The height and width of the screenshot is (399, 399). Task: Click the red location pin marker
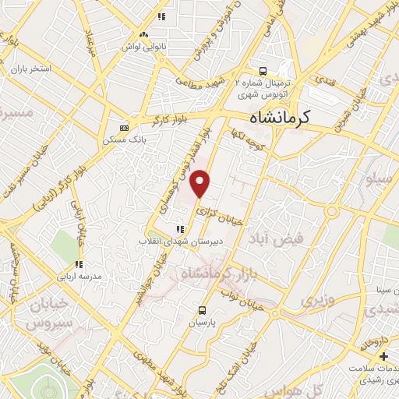tap(201, 183)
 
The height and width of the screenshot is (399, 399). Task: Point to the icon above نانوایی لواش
tap(143, 34)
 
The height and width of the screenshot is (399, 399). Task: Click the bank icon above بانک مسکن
tap(122, 129)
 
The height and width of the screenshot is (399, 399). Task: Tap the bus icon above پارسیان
tap(203, 309)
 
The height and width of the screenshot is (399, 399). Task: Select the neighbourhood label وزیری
tap(317, 298)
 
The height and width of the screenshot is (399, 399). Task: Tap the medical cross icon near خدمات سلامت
tap(383, 356)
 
